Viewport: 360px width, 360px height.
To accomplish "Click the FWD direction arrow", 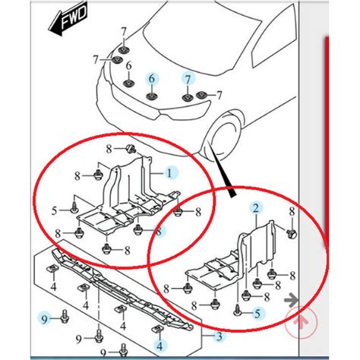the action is (x=68, y=19).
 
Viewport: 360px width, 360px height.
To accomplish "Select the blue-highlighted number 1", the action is (x=169, y=173).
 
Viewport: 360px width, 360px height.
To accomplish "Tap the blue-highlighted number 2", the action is (x=256, y=209).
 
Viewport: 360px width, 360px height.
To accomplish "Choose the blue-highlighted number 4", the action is (x=159, y=346).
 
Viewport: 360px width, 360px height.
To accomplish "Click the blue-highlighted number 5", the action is (x=257, y=314).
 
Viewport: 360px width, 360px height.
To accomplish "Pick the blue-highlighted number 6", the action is (x=151, y=79).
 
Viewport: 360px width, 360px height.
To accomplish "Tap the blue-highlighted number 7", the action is (x=188, y=80).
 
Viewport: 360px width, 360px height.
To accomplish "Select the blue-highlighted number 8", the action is (x=159, y=232).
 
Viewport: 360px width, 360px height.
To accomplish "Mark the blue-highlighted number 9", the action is (x=45, y=320).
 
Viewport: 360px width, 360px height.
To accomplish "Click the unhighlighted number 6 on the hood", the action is (x=129, y=66).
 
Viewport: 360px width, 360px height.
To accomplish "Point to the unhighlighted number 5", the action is (x=54, y=210).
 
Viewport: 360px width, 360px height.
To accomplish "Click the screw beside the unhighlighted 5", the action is (x=74, y=207).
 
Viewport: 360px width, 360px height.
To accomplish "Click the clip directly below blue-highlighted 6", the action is (x=152, y=96).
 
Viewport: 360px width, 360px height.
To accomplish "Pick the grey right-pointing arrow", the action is (x=291, y=301).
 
